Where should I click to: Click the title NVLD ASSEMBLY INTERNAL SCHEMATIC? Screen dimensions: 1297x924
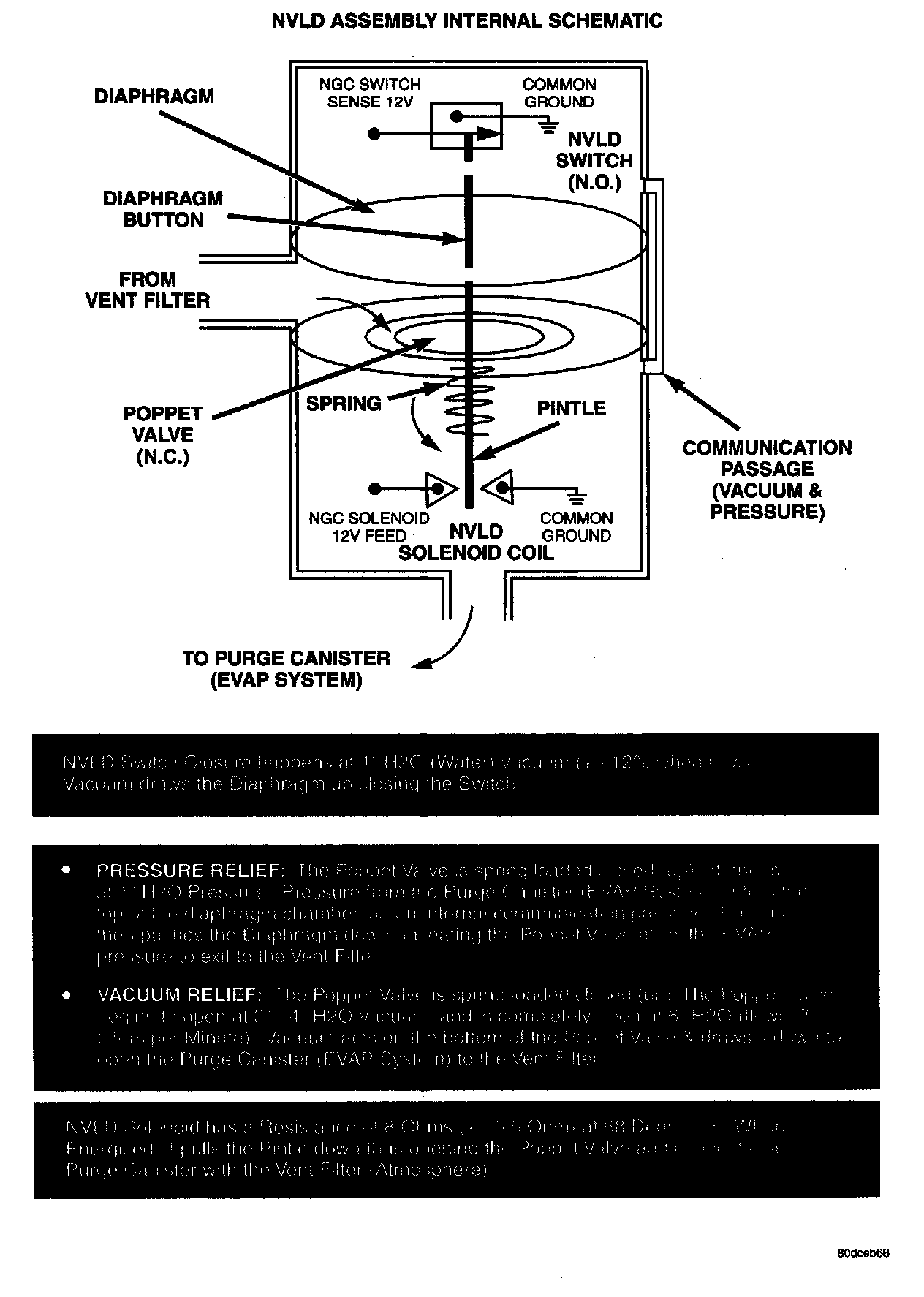[x=466, y=20]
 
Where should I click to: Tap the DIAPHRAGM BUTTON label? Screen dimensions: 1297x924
[x=163, y=209]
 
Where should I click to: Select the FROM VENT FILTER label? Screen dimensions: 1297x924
[x=148, y=290]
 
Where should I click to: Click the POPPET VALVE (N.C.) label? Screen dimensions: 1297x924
[x=162, y=435]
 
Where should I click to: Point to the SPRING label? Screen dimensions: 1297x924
[x=344, y=403]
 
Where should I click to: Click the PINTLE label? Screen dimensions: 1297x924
[x=571, y=408]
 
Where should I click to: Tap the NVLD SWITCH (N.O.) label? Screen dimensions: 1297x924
[x=594, y=160]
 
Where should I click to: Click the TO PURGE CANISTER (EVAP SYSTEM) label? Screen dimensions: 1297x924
[x=286, y=669]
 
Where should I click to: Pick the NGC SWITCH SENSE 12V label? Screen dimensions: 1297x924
[x=370, y=93]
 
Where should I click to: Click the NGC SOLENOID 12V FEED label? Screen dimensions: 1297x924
[x=369, y=526]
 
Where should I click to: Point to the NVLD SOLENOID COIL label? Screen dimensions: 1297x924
[x=476, y=542]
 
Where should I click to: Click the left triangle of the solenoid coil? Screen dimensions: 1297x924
[x=441, y=488]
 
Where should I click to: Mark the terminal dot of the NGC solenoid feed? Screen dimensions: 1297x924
[x=374, y=488]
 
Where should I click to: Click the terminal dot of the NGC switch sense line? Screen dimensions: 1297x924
[x=374, y=134]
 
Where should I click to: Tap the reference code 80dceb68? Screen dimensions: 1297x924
[x=863, y=1252]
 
